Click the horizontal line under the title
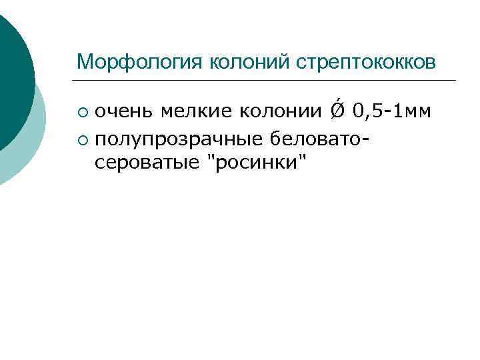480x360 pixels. click(x=267, y=81)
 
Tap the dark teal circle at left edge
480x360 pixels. click(x=13, y=80)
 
